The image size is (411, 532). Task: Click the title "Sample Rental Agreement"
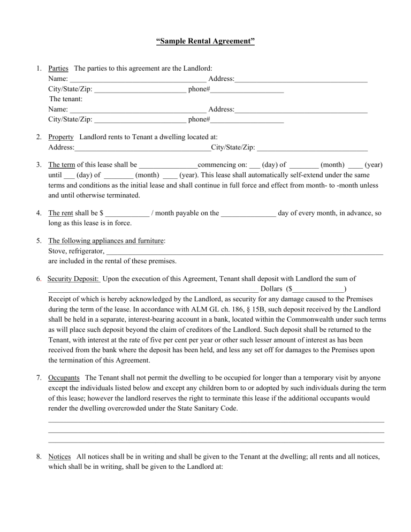tap(205, 41)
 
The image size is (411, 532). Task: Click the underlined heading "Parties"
tap(58, 69)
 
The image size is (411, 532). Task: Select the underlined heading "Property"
tap(60, 137)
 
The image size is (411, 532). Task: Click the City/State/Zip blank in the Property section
tap(312, 148)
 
